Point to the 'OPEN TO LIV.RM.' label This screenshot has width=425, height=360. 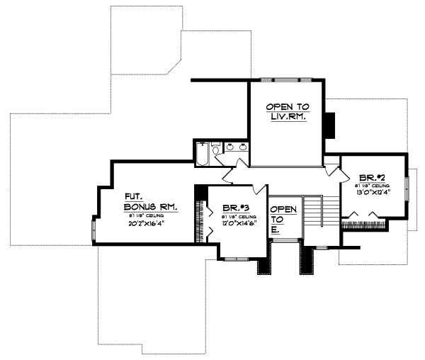[x=286, y=111]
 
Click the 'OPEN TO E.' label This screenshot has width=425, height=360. [x=283, y=219]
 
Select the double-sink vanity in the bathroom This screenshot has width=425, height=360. [x=236, y=147]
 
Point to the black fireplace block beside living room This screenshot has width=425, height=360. [x=329, y=125]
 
